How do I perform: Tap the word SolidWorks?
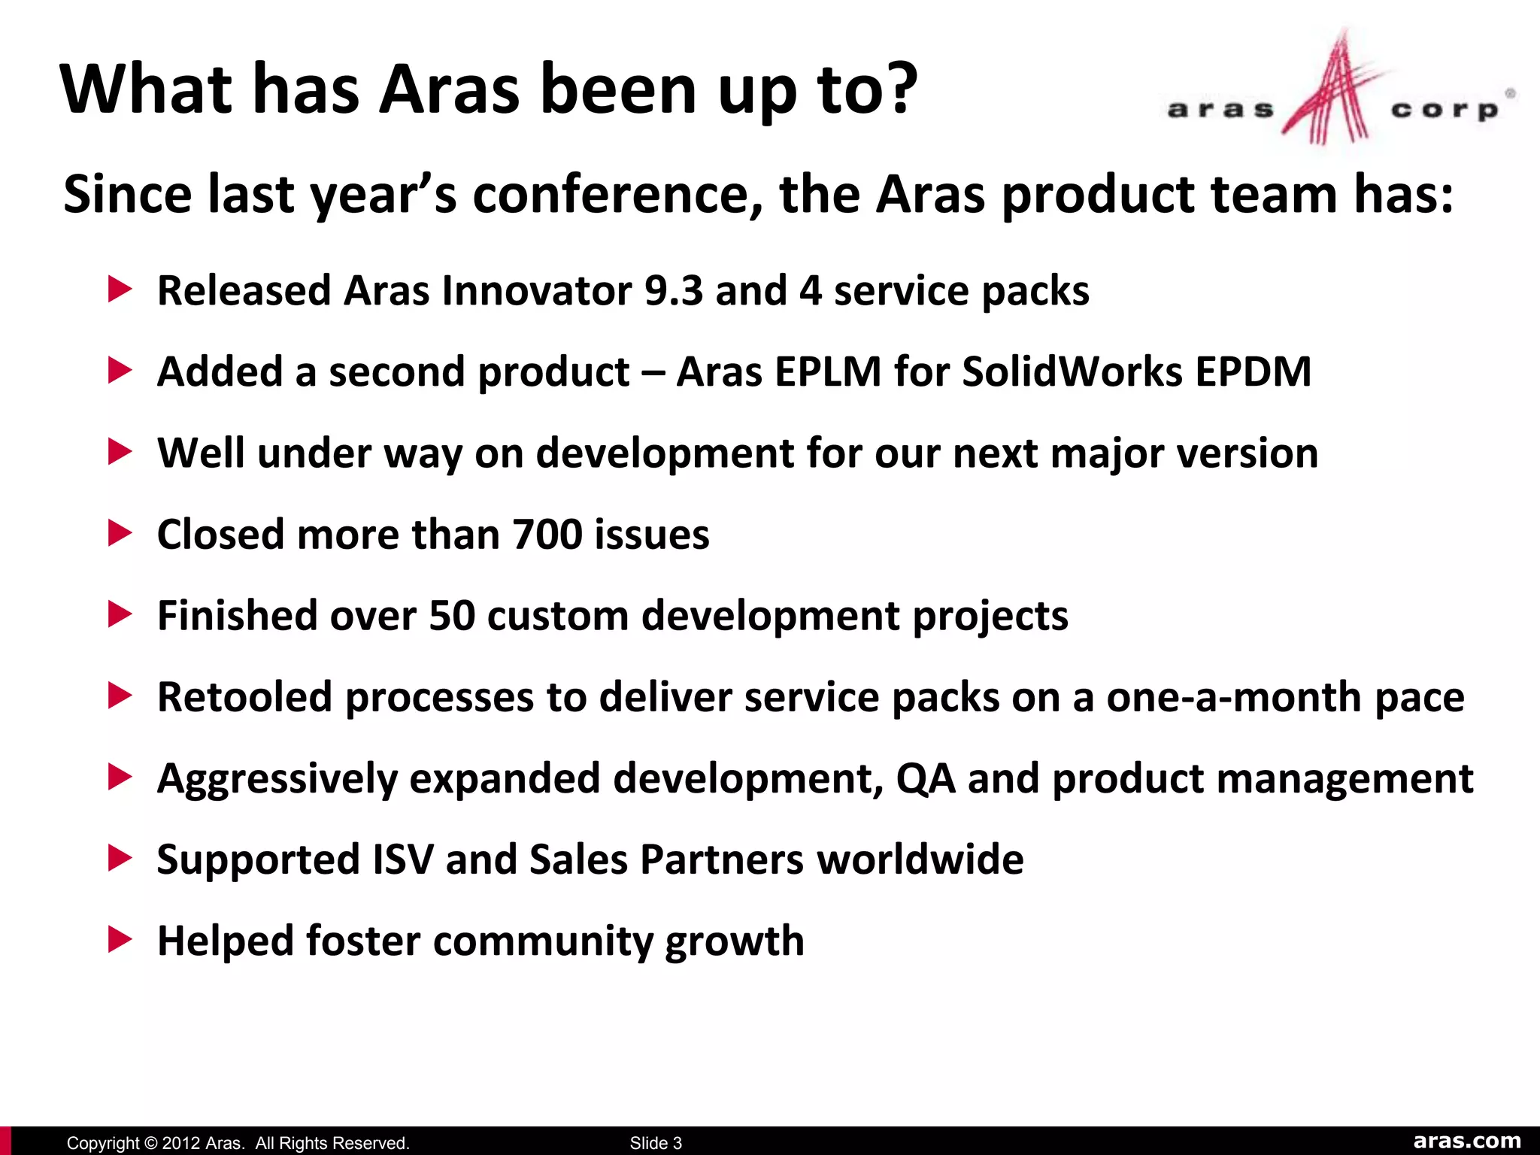pyautogui.click(x=1072, y=371)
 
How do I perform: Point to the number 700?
pyautogui.click(x=547, y=535)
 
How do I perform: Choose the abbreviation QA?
pyautogui.click(x=926, y=778)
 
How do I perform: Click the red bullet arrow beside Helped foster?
pyautogui.click(x=120, y=940)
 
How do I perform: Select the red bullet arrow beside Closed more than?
pyautogui.click(x=120, y=534)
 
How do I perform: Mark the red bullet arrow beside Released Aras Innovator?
pyautogui.click(x=120, y=290)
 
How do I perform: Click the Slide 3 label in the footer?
pyautogui.click(x=656, y=1143)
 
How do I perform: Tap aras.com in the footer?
pyautogui.click(x=1467, y=1141)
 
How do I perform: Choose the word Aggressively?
pyautogui.click(x=277, y=780)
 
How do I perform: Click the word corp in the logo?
pyautogui.click(x=1445, y=111)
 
